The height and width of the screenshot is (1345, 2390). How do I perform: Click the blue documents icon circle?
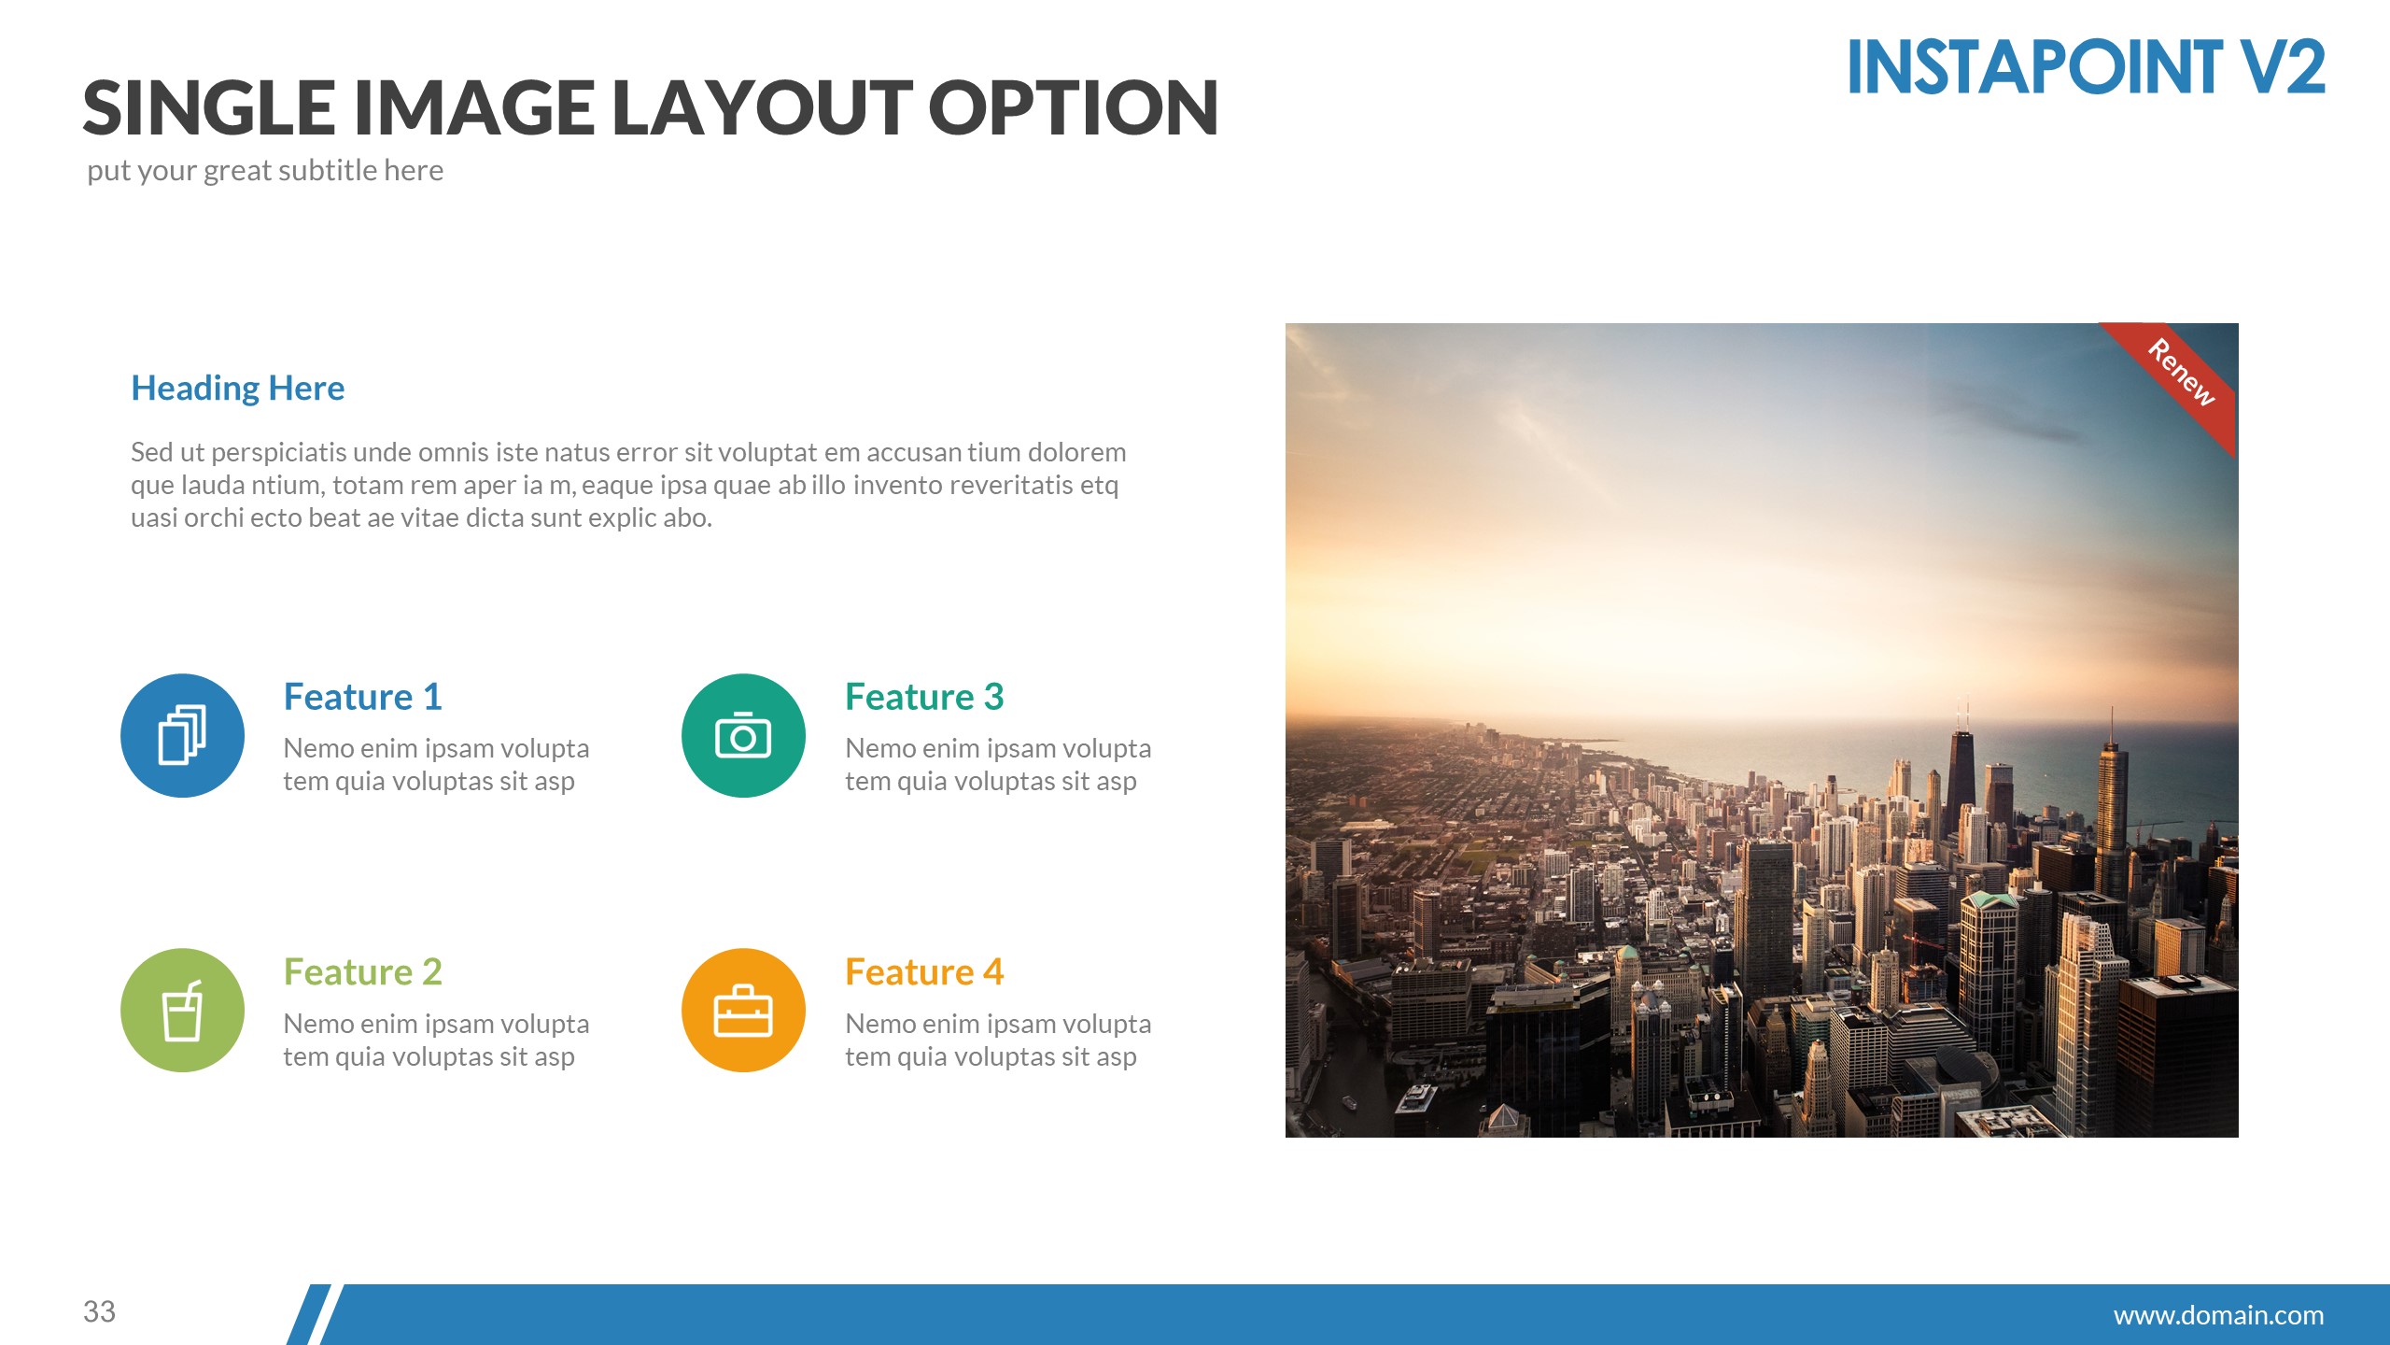point(182,735)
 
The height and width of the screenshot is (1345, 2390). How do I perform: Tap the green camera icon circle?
point(743,735)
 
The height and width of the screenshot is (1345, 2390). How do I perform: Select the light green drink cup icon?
point(182,1011)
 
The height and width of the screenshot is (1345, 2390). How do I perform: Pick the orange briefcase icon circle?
point(743,1011)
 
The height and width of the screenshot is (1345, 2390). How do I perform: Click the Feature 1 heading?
point(362,697)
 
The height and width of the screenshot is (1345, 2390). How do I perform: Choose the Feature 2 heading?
point(362,972)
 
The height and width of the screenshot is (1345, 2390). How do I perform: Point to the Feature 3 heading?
point(924,697)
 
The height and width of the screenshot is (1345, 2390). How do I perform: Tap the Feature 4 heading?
point(924,972)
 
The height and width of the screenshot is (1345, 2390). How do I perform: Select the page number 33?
point(99,1311)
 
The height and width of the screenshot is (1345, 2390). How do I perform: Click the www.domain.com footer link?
point(2218,1315)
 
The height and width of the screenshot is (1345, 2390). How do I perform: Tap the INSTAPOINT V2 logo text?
point(2086,67)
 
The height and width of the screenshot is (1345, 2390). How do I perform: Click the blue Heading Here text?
point(237,388)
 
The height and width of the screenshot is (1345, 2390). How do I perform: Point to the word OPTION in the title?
point(1073,107)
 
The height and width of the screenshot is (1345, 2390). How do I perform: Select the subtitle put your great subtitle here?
point(265,170)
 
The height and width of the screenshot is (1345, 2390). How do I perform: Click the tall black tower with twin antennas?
point(1961,775)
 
